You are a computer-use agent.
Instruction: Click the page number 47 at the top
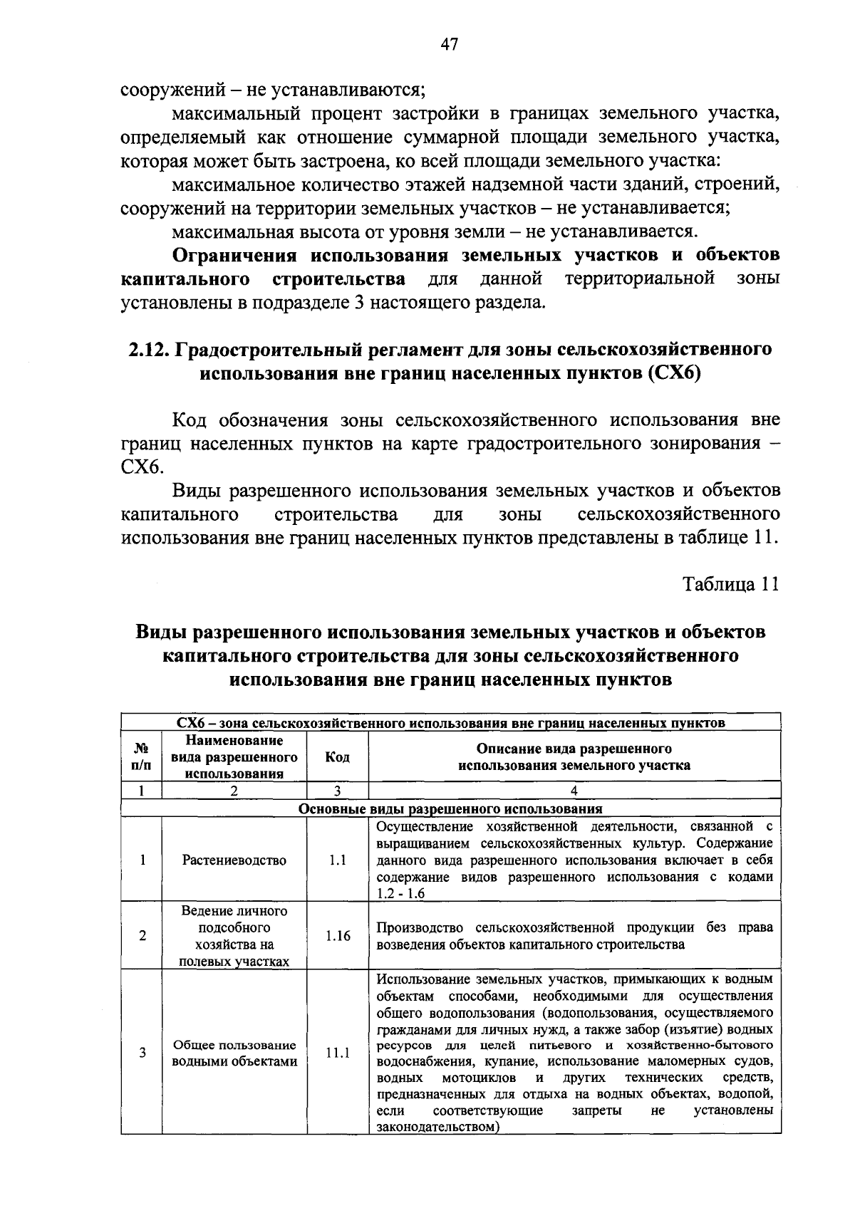(x=449, y=45)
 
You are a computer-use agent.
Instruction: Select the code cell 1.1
(x=338, y=860)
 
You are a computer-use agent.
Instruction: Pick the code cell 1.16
(x=338, y=936)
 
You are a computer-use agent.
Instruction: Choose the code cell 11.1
(x=338, y=1052)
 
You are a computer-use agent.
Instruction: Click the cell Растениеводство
(x=234, y=860)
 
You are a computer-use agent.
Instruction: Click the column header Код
(x=338, y=757)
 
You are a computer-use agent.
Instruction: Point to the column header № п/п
(x=142, y=757)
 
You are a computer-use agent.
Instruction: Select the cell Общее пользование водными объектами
(x=234, y=1053)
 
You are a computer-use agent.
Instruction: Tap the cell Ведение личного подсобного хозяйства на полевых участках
(x=234, y=936)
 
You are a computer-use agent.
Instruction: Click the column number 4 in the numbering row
(x=574, y=791)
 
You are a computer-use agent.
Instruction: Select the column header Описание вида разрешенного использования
(x=574, y=757)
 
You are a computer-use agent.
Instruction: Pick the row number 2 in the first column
(x=142, y=936)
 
